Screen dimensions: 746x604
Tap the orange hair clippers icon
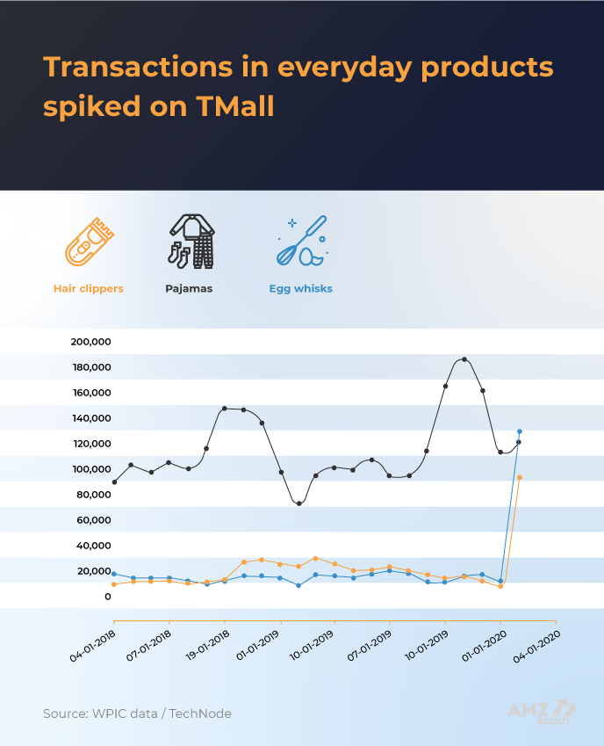pos(89,242)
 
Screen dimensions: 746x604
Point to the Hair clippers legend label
pos(89,288)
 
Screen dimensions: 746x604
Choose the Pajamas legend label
pos(189,288)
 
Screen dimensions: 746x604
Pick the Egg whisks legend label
pos(301,288)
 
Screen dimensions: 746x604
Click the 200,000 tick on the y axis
pos(90,342)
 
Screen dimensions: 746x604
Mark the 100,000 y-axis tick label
pos(90,469)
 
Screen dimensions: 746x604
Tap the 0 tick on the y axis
pos(108,597)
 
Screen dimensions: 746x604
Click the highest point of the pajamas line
pos(464,359)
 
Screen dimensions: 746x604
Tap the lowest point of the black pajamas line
pos(299,503)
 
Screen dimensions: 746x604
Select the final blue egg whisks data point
pos(520,431)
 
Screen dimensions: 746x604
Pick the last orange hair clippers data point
pos(520,477)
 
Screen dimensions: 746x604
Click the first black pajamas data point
pos(114,482)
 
